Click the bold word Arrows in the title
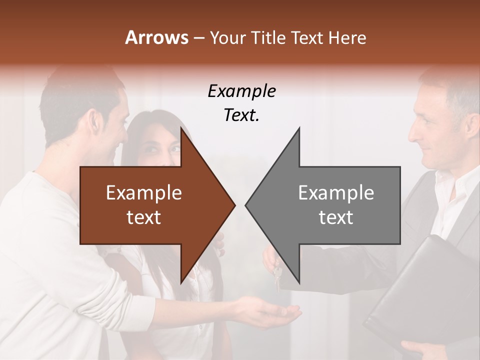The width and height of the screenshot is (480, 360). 156,37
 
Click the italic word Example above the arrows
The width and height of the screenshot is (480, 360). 241,91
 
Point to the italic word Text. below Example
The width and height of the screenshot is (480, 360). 241,115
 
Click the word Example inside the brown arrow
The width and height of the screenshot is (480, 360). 144,193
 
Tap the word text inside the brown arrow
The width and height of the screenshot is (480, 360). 144,217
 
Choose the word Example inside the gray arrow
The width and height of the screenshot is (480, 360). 336,193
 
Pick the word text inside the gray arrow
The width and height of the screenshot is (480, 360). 336,217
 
